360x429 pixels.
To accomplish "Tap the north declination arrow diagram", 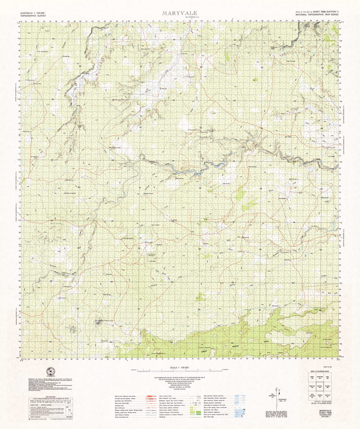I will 277,394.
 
